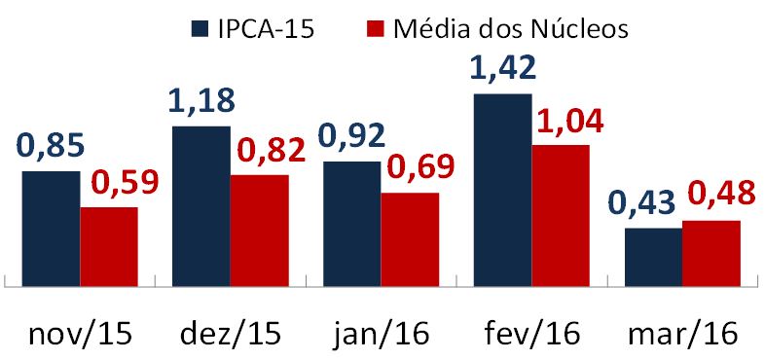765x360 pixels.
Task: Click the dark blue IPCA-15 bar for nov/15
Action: (x=51, y=229)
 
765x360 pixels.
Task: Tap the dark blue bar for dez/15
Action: (x=200, y=206)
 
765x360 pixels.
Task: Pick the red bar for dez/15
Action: (x=259, y=231)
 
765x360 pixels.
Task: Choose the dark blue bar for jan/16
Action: (x=351, y=224)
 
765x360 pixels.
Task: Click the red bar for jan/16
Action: (x=410, y=239)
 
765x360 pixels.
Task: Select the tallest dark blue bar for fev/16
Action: (x=502, y=190)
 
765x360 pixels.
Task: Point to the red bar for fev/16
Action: (x=561, y=216)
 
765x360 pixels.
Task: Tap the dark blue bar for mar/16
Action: (x=653, y=257)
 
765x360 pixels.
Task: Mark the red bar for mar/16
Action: (x=711, y=253)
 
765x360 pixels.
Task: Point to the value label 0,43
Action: (x=641, y=205)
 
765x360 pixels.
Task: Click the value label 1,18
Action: (x=202, y=102)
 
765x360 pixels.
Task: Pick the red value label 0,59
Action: (x=125, y=182)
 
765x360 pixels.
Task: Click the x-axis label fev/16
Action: (x=531, y=334)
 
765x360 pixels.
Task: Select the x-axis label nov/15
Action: (x=80, y=334)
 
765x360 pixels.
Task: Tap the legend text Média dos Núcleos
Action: (x=511, y=27)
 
